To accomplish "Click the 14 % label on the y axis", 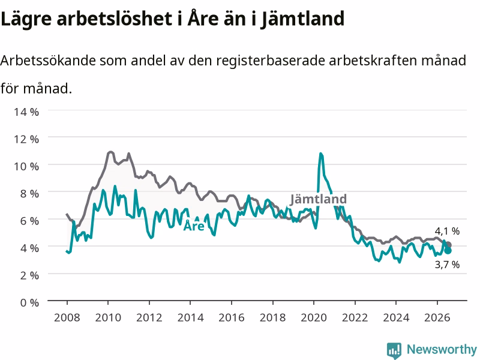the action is pyautogui.click(x=26, y=112).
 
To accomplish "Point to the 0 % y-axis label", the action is pyautogui.click(x=29, y=303).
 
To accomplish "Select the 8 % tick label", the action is pyautogui.click(x=29, y=194).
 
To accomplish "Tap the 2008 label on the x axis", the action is pyautogui.click(x=67, y=317).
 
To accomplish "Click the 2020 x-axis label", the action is pyautogui.click(x=314, y=317).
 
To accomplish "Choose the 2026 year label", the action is pyautogui.click(x=437, y=317).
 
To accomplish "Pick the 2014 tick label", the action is pyautogui.click(x=190, y=317).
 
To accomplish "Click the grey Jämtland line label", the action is pyautogui.click(x=319, y=199).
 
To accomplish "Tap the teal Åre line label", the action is pyautogui.click(x=194, y=226).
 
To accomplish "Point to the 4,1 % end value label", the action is pyautogui.click(x=447, y=231).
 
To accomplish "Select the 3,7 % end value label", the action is pyautogui.click(x=447, y=264).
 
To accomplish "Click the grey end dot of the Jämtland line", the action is pyautogui.click(x=448, y=245).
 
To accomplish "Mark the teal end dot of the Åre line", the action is pyautogui.click(x=448, y=251).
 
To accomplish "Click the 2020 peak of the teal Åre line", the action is pyautogui.click(x=320, y=154).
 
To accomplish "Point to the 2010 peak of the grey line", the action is pyautogui.click(x=110, y=152).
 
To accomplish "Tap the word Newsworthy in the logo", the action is pyautogui.click(x=442, y=349).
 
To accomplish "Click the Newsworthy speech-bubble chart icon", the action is pyautogui.click(x=394, y=350).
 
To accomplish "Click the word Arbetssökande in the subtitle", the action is pyautogui.click(x=48, y=61).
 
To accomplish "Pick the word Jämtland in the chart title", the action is pyautogui.click(x=303, y=19).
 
